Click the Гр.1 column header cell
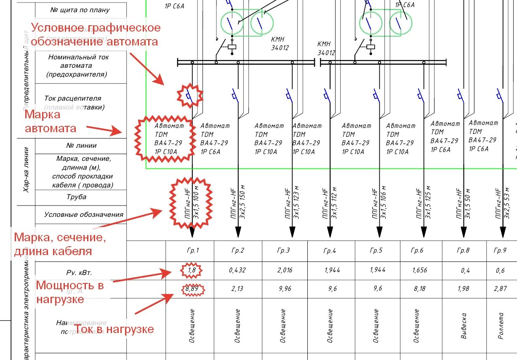192,251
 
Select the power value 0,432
237,270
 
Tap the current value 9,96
284,289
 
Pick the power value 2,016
284,270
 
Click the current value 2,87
500,289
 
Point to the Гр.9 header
500,251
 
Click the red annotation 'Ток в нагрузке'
114,329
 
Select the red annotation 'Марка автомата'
51,121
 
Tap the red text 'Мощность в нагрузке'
70,292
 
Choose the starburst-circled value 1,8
192,270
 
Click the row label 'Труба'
76,197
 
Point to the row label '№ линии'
81,145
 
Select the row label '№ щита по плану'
80,10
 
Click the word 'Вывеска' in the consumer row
464,325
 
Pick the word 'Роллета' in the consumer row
501,325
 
